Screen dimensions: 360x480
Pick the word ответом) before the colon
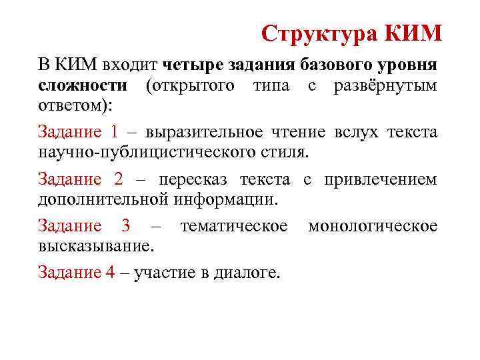click(73, 105)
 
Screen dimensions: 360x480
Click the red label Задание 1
click(77, 132)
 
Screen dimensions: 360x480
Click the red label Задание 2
click(77, 179)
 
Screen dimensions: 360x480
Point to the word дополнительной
click(104, 199)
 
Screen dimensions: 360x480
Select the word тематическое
click(234, 227)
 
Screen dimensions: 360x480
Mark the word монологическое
click(373, 227)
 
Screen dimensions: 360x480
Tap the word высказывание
click(95, 246)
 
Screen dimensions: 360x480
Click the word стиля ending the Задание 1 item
click(289, 151)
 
